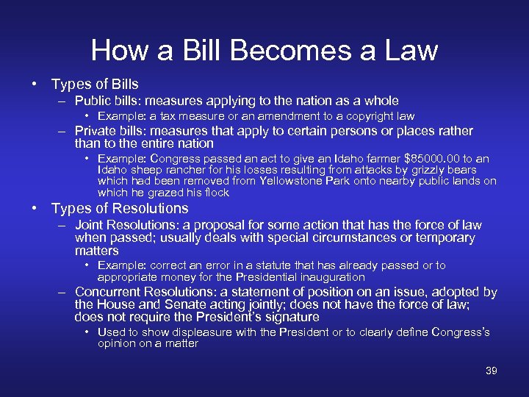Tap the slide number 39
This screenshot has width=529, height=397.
[492, 371]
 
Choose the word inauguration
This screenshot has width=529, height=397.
[328, 277]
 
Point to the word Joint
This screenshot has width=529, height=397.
[90, 225]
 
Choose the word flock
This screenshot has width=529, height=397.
[215, 193]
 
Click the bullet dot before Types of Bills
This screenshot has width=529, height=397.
[35, 84]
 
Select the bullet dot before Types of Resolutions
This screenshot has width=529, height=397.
[35, 208]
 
